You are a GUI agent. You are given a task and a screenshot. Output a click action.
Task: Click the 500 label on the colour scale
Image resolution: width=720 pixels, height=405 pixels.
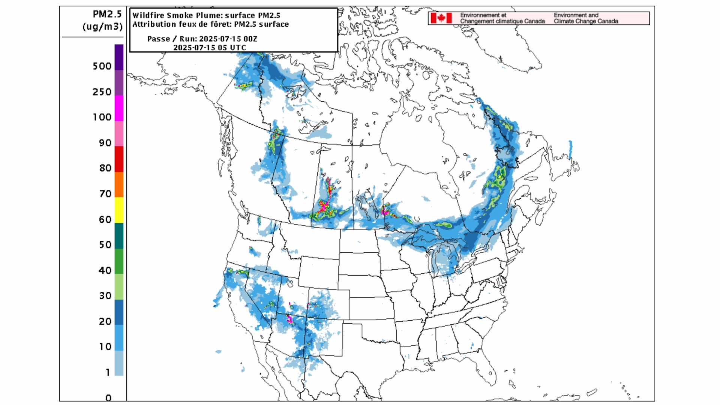click(102, 66)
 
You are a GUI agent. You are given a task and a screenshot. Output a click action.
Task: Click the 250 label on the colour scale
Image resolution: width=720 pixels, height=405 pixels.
click(102, 92)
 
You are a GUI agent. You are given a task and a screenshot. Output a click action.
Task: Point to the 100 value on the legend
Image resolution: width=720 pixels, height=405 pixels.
click(102, 117)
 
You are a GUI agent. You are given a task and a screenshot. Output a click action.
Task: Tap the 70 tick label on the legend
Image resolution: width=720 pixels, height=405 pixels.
click(105, 194)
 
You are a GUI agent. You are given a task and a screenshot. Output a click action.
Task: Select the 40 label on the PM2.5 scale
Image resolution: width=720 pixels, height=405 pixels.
click(105, 270)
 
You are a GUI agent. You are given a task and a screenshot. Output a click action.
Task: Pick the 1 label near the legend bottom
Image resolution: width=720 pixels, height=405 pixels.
click(108, 372)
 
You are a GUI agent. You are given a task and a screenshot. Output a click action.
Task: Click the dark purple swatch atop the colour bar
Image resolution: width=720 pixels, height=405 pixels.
click(119, 57)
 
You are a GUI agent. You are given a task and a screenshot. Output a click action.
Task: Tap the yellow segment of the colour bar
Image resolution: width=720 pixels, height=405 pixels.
click(119, 210)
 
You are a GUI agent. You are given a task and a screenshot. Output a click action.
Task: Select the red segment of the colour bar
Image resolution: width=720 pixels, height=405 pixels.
click(119, 159)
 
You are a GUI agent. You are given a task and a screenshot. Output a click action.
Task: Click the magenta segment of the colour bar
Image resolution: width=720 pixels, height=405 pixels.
click(119, 108)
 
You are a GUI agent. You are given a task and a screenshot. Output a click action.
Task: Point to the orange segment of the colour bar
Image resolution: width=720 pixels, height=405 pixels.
click(119, 184)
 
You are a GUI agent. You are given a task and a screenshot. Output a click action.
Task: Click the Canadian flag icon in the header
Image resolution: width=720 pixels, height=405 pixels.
click(441, 18)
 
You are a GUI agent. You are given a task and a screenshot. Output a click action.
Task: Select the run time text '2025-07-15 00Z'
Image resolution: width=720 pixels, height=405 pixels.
click(228, 39)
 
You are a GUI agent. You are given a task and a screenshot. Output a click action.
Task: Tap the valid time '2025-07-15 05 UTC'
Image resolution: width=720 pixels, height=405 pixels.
click(210, 48)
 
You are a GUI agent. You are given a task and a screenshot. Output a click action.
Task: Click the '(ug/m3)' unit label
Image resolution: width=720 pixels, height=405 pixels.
click(102, 27)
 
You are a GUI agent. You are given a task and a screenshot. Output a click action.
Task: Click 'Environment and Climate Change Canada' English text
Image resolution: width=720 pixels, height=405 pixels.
click(586, 18)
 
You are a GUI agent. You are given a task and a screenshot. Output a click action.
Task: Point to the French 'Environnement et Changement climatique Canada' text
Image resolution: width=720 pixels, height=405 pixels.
click(502, 18)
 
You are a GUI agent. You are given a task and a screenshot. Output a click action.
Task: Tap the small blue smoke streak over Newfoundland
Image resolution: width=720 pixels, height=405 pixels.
click(570, 149)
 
